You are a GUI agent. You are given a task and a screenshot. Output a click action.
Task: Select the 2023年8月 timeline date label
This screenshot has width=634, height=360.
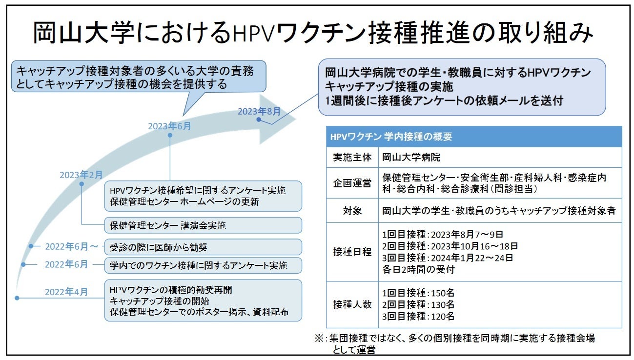(259, 112)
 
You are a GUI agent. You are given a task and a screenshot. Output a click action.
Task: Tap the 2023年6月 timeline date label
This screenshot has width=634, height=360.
(169, 126)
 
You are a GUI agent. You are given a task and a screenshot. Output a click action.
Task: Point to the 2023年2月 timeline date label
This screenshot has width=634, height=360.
(82, 175)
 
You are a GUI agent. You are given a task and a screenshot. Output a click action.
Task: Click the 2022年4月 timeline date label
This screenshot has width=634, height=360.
(66, 292)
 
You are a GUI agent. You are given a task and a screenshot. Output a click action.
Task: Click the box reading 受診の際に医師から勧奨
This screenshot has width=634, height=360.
(203, 247)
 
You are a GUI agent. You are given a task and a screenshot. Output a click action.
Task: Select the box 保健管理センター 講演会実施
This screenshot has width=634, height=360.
(203, 225)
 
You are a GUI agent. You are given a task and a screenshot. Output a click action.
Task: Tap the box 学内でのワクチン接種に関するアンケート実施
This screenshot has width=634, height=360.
(203, 265)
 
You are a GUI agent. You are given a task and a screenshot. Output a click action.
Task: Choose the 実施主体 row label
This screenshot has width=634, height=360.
(352, 158)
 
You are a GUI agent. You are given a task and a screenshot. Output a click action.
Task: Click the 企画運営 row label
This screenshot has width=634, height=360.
(352, 183)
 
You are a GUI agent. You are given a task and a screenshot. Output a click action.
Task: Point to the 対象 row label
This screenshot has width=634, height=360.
(352, 211)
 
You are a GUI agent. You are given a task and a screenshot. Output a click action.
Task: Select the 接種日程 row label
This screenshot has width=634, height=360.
(352, 252)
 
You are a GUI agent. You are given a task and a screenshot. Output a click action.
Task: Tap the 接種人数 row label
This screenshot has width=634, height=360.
(352, 304)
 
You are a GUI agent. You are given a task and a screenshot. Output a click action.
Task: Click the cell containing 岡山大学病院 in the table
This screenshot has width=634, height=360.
(411, 158)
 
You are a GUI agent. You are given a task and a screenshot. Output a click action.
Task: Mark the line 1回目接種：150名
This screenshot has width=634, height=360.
(418, 293)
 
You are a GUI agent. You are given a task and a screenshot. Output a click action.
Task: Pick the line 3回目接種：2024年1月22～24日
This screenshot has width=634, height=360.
(447, 258)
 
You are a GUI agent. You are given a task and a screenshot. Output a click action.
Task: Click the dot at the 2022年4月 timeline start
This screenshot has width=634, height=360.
(17, 298)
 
